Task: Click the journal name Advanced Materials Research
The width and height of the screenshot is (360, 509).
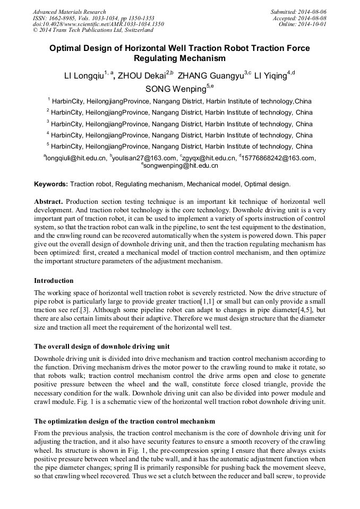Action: click(69, 12)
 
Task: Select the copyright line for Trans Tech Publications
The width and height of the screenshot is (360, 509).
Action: click(93, 30)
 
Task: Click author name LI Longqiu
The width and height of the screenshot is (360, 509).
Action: click(83, 76)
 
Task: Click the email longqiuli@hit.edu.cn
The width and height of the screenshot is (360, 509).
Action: click(76, 158)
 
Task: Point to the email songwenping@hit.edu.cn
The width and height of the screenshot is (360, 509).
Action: click(181, 166)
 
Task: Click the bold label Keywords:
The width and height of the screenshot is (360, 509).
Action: click(51, 184)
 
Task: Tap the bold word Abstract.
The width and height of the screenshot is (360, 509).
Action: click(48, 202)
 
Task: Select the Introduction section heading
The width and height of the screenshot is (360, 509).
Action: click(54, 281)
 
